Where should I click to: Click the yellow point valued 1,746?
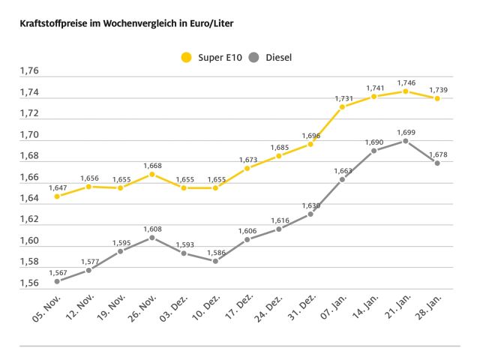tap(405, 91)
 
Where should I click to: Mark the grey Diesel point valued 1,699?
tap(405, 141)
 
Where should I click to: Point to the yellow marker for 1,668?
tap(151, 174)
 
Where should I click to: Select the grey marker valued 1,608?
tap(151, 237)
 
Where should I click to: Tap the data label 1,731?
tap(342, 98)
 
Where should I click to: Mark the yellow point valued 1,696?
tap(310, 144)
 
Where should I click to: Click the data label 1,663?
tap(342, 170)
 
